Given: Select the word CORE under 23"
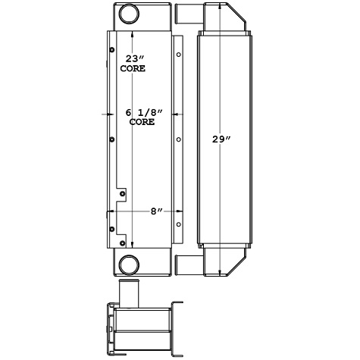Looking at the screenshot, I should pyautogui.click(x=133, y=68).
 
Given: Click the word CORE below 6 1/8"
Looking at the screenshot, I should pyautogui.click(x=142, y=121).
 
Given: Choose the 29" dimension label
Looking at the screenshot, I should pyautogui.click(x=221, y=140).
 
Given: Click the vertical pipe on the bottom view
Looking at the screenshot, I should pyautogui.click(x=130, y=291).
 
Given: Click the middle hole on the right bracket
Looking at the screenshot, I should pyautogui.click(x=178, y=139).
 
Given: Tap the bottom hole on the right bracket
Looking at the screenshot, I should pyautogui.click(x=178, y=224).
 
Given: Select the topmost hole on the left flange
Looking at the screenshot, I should pyautogui.click(x=111, y=52).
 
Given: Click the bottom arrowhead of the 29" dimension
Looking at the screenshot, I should pyautogui.click(x=221, y=273).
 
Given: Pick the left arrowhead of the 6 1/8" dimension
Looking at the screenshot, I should pyautogui.click(x=106, y=114).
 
